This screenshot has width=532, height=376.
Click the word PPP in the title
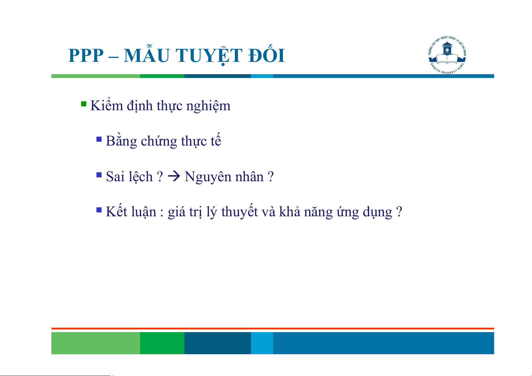pyautogui.click(x=86, y=56)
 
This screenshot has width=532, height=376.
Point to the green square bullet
pyautogui.click(x=84, y=104)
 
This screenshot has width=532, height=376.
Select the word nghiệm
pyautogui.click(x=208, y=106)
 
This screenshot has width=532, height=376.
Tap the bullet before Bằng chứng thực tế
pyautogui.click(x=99, y=139)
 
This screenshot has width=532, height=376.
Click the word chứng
pyautogui.click(x=159, y=141)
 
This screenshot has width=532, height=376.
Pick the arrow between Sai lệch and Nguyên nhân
pyautogui.click(x=174, y=176)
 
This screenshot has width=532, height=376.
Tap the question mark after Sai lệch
pyautogui.click(x=160, y=176)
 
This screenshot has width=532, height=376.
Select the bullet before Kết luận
pyautogui.click(x=99, y=210)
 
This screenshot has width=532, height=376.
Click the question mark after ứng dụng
pyautogui.click(x=399, y=212)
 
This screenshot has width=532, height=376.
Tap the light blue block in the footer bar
pyautogui.click(x=262, y=343)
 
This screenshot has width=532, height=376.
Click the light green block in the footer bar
pyautogui.click(x=96, y=343)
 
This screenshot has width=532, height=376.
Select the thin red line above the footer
pyautogui.click(x=273, y=329)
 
